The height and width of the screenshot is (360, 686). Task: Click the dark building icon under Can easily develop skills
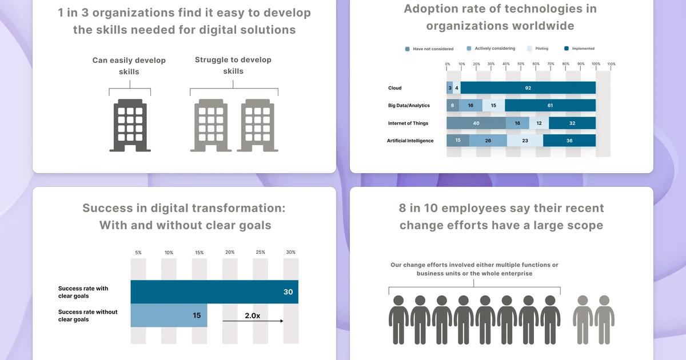pyautogui.click(x=130, y=125)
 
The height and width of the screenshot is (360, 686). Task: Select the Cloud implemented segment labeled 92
pyautogui.click(x=528, y=88)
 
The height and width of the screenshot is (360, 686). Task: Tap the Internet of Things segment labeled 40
pyautogui.click(x=476, y=123)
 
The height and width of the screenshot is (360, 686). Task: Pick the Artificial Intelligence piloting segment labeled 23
pyautogui.click(x=525, y=141)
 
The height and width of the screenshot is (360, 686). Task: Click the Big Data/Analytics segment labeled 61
pyautogui.click(x=550, y=106)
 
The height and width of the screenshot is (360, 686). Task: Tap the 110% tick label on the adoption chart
pyautogui.click(x=611, y=64)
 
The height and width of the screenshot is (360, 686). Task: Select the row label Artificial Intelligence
pyautogui.click(x=410, y=141)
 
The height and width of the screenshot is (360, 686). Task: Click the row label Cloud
pyautogui.click(x=394, y=88)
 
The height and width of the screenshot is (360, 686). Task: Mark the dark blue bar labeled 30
pyautogui.click(x=214, y=292)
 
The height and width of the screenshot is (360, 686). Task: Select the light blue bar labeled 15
pyautogui.click(x=169, y=315)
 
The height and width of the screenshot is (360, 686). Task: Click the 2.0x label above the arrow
pyautogui.click(x=252, y=315)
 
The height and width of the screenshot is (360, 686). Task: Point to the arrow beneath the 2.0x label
pyautogui.click(x=253, y=321)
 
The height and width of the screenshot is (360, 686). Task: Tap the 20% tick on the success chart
pyautogui.click(x=230, y=252)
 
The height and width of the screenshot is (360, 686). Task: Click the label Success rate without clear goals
pyautogui.click(x=87, y=315)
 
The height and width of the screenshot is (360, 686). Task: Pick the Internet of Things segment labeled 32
pyautogui.click(x=572, y=123)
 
